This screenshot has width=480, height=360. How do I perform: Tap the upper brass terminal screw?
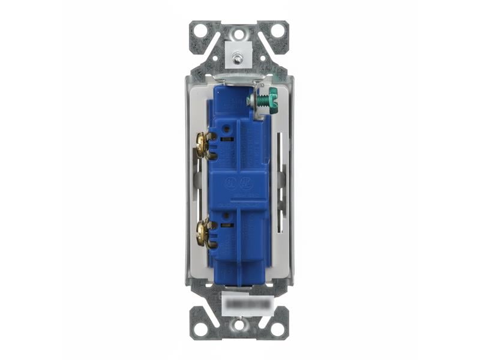205,145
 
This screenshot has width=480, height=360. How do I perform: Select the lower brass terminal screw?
205,233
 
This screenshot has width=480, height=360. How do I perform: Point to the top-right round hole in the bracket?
277,31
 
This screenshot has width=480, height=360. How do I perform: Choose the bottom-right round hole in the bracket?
277,329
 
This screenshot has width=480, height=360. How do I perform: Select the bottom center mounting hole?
239,325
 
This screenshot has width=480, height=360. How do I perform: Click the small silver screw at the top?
239,59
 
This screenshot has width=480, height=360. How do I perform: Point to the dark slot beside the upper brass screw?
226,139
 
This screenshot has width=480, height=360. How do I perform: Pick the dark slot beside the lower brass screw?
226,225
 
